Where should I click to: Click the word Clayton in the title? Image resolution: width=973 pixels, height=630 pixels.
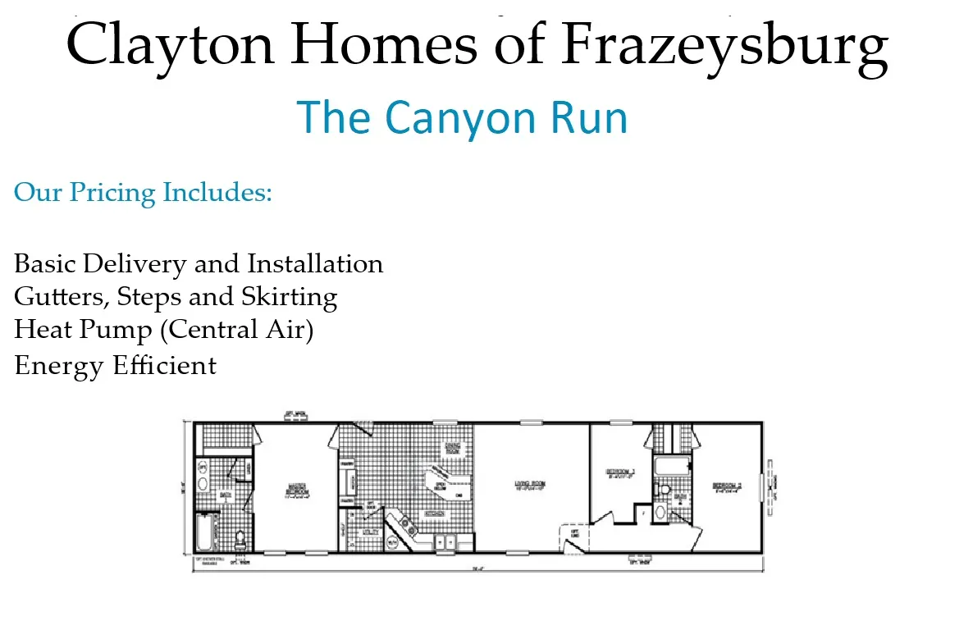tap(168, 44)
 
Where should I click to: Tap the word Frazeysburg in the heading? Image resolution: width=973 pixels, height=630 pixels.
tap(725, 44)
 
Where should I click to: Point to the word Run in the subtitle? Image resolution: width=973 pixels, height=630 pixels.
tap(588, 118)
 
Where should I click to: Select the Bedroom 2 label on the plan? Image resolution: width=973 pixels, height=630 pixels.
tap(727, 486)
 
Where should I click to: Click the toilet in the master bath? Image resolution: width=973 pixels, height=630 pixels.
tap(240, 540)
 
